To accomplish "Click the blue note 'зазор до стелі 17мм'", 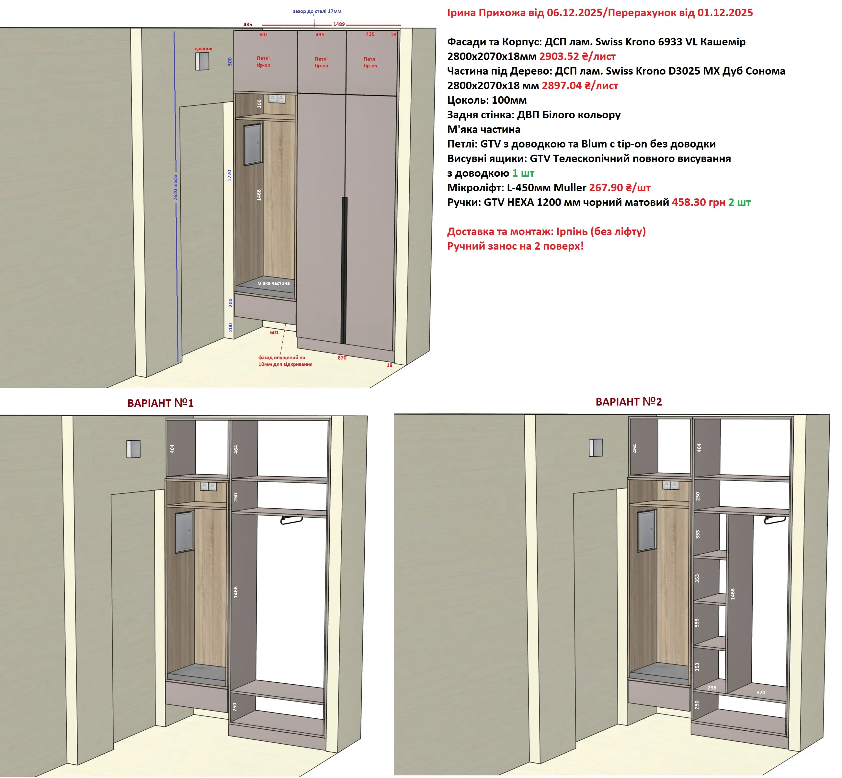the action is pyautogui.click(x=317, y=11).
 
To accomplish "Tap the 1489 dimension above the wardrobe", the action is pyautogui.click(x=339, y=24).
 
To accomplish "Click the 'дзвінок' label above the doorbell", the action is pyautogui.click(x=204, y=49).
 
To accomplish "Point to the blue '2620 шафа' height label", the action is pyautogui.click(x=176, y=187).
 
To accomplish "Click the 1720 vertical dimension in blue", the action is pyautogui.click(x=229, y=176).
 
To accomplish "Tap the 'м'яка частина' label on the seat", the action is pyautogui.click(x=273, y=283).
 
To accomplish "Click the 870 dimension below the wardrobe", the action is pyautogui.click(x=342, y=358).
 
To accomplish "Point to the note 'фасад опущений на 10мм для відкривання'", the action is pyautogui.click(x=285, y=361).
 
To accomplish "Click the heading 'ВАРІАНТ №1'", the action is pyautogui.click(x=161, y=403).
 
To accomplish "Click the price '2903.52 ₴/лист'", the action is pyautogui.click(x=577, y=56).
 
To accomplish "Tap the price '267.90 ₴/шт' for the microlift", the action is pyautogui.click(x=620, y=188).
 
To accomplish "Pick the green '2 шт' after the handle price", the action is pyautogui.click(x=739, y=203).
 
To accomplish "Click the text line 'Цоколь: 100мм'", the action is pyautogui.click(x=487, y=100).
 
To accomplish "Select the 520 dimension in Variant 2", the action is pyautogui.click(x=760, y=692).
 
